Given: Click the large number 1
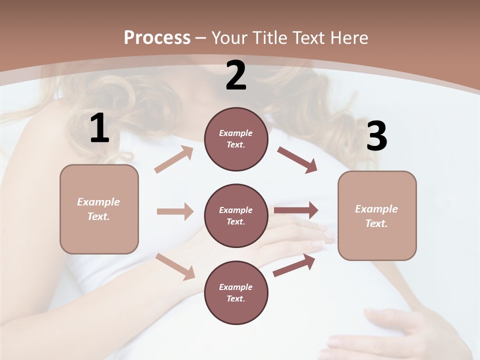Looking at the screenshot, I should click(99, 128).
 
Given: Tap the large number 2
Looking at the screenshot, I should click(236, 75).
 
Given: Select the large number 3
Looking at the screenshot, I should click(376, 136).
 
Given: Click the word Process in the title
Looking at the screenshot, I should click(157, 37).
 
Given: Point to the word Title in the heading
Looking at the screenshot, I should click(268, 37).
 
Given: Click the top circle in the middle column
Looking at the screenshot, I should click(236, 139).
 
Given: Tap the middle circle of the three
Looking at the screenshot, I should click(236, 215).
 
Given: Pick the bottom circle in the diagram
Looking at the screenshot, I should click(236, 292).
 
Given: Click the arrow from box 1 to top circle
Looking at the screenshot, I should click(174, 159).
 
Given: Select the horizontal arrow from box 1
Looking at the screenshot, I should click(175, 211).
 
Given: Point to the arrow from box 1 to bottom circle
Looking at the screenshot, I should click(175, 266).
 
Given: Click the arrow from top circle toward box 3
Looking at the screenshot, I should click(297, 159).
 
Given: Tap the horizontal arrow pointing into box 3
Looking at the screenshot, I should click(296, 210).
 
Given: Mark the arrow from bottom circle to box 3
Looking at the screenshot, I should click(294, 265).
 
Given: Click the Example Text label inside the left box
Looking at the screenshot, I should click(99, 209).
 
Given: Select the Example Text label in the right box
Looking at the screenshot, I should click(376, 216).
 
